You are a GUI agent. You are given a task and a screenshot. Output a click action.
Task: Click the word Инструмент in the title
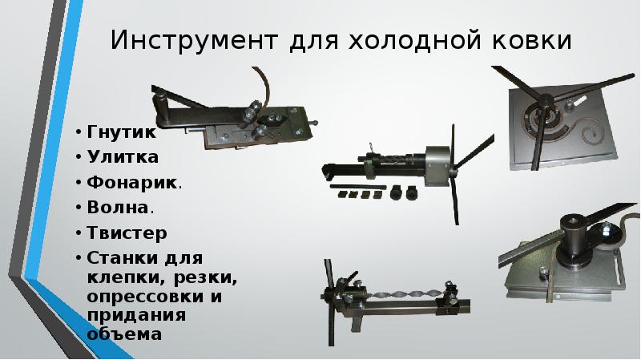[194, 41]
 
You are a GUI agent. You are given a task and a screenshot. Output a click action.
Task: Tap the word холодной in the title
[413, 41]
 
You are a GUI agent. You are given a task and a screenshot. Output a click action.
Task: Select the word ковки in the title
[530, 41]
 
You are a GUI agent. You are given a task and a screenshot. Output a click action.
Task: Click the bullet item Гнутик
[121, 132]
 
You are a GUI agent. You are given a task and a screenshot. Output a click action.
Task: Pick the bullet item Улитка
[123, 157]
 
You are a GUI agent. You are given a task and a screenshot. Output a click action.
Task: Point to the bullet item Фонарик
[131, 183]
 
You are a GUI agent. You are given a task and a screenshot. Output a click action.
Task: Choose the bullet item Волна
[117, 208]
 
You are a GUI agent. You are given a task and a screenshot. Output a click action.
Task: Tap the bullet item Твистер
[127, 233]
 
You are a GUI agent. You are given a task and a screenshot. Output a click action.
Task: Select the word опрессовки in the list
[145, 296]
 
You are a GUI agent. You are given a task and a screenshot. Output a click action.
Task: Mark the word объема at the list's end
[124, 334]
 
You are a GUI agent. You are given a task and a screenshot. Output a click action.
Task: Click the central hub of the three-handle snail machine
[544, 101]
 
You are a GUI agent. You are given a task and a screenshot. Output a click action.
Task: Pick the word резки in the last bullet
[205, 278]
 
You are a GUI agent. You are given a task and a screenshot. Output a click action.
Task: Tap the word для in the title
[313, 42]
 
